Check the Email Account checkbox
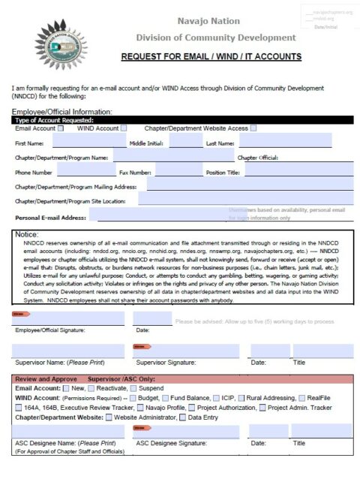click(x=61, y=128)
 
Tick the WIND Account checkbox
click(x=124, y=128)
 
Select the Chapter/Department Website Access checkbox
click(x=253, y=128)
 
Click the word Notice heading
click(x=27, y=235)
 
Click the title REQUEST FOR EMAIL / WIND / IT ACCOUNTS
click(x=211, y=56)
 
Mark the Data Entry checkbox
click(x=182, y=417)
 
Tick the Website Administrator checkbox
click(x=109, y=417)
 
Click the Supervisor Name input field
click(x=68, y=351)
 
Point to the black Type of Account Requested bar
click(x=180, y=120)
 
